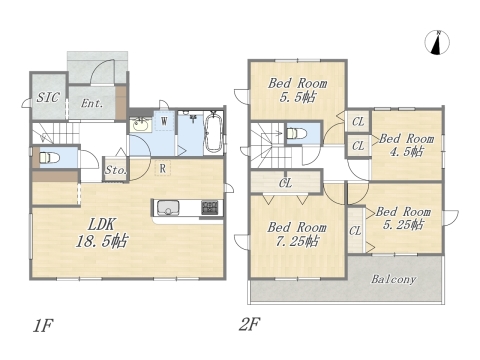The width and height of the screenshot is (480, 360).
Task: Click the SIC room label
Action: [48, 97]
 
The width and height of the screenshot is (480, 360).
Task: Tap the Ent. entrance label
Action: [92, 103]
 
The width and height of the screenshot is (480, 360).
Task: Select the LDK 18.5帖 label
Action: [102, 233]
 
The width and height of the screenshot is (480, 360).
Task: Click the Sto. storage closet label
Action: [115, 170]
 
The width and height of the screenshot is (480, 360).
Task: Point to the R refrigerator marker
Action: [163, 168]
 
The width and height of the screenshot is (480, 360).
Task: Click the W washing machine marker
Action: [164, 121]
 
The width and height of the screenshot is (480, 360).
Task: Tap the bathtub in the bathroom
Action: [213, 133]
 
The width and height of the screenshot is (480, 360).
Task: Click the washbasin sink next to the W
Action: [141, 125]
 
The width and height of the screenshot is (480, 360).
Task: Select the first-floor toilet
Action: [49, 157]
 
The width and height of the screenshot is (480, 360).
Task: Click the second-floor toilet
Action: [296, 133]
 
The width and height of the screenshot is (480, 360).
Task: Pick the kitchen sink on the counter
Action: [168, 207]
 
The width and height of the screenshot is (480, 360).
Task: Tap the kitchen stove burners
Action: [210, 208]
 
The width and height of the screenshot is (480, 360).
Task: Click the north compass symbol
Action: [437, 42]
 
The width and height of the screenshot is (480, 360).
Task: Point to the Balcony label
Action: [394, 279]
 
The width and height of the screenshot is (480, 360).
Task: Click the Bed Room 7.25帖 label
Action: [296, 234]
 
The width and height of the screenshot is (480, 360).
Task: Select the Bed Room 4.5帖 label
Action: [406, 145]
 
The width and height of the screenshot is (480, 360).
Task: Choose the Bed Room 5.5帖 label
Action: [297, 90]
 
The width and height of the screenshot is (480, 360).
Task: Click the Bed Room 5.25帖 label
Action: [403, 218]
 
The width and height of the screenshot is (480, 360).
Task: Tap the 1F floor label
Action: [43, 326]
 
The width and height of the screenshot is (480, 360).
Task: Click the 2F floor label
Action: [249, 324]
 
